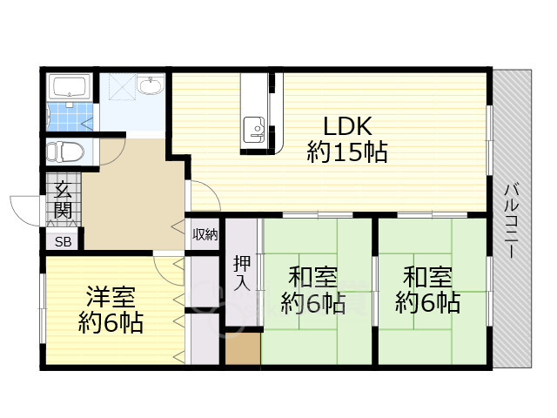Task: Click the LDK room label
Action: pos(348,126)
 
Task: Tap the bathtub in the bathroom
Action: pos(70,86)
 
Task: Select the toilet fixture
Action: pos(65,152)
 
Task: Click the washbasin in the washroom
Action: pos(151,85)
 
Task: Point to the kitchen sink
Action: pos(254,128)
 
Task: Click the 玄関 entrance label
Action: pos(64,199)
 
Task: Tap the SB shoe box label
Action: pos(64,242)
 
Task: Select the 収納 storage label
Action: pos(205,234)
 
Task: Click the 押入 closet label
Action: pos(242,273)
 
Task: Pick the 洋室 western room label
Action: pos(111,296)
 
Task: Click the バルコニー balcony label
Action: pos(512,220)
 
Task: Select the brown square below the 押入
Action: pos(244,348)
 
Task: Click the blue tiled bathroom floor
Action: pos(70,117)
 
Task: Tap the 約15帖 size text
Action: pos(347,152)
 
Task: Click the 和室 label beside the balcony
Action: pos(427,277)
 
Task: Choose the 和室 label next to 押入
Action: pos(313,277)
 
